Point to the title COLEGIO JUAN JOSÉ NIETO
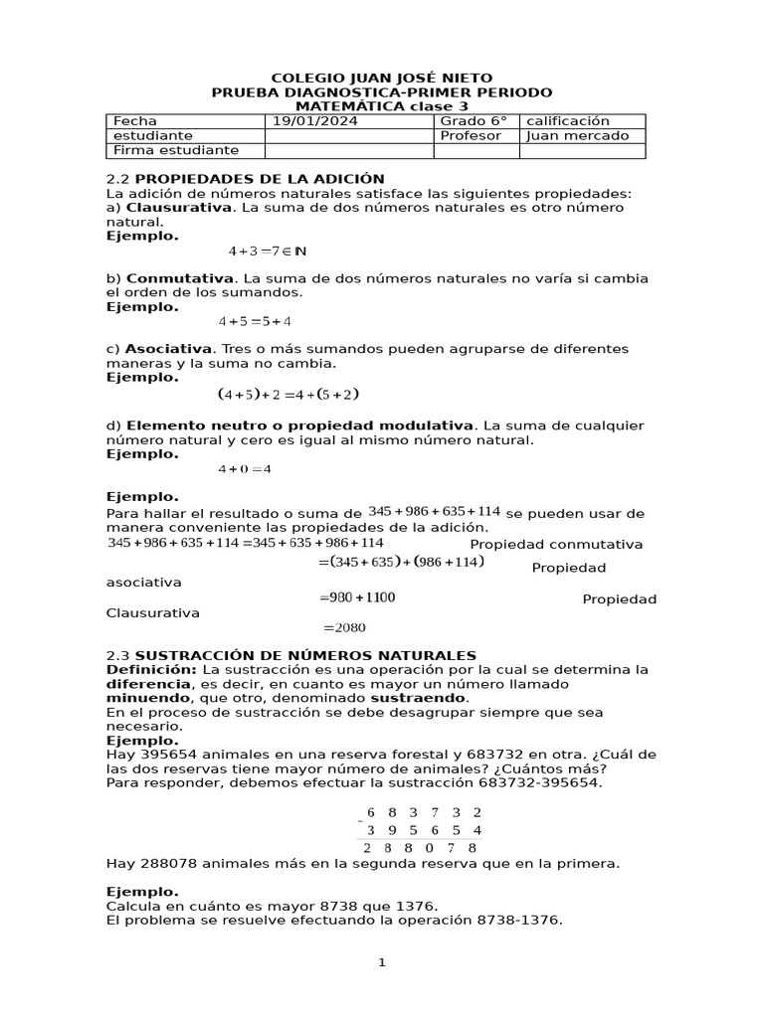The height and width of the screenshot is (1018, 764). (382, 78)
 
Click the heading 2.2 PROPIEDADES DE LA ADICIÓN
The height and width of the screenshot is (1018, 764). (245, 179)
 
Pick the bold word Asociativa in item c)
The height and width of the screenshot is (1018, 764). (169, 349)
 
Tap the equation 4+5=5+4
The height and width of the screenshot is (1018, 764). (255, 321)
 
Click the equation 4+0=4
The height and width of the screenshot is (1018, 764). (245, 469)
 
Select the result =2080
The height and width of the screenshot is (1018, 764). (344, 628)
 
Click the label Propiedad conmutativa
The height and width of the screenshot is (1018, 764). (556, 545)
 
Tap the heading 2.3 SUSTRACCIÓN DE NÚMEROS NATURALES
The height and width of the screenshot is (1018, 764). (291, 655)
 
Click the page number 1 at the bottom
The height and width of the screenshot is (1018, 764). (381, 963)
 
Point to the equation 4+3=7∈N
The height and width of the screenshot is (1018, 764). (267, 252)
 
